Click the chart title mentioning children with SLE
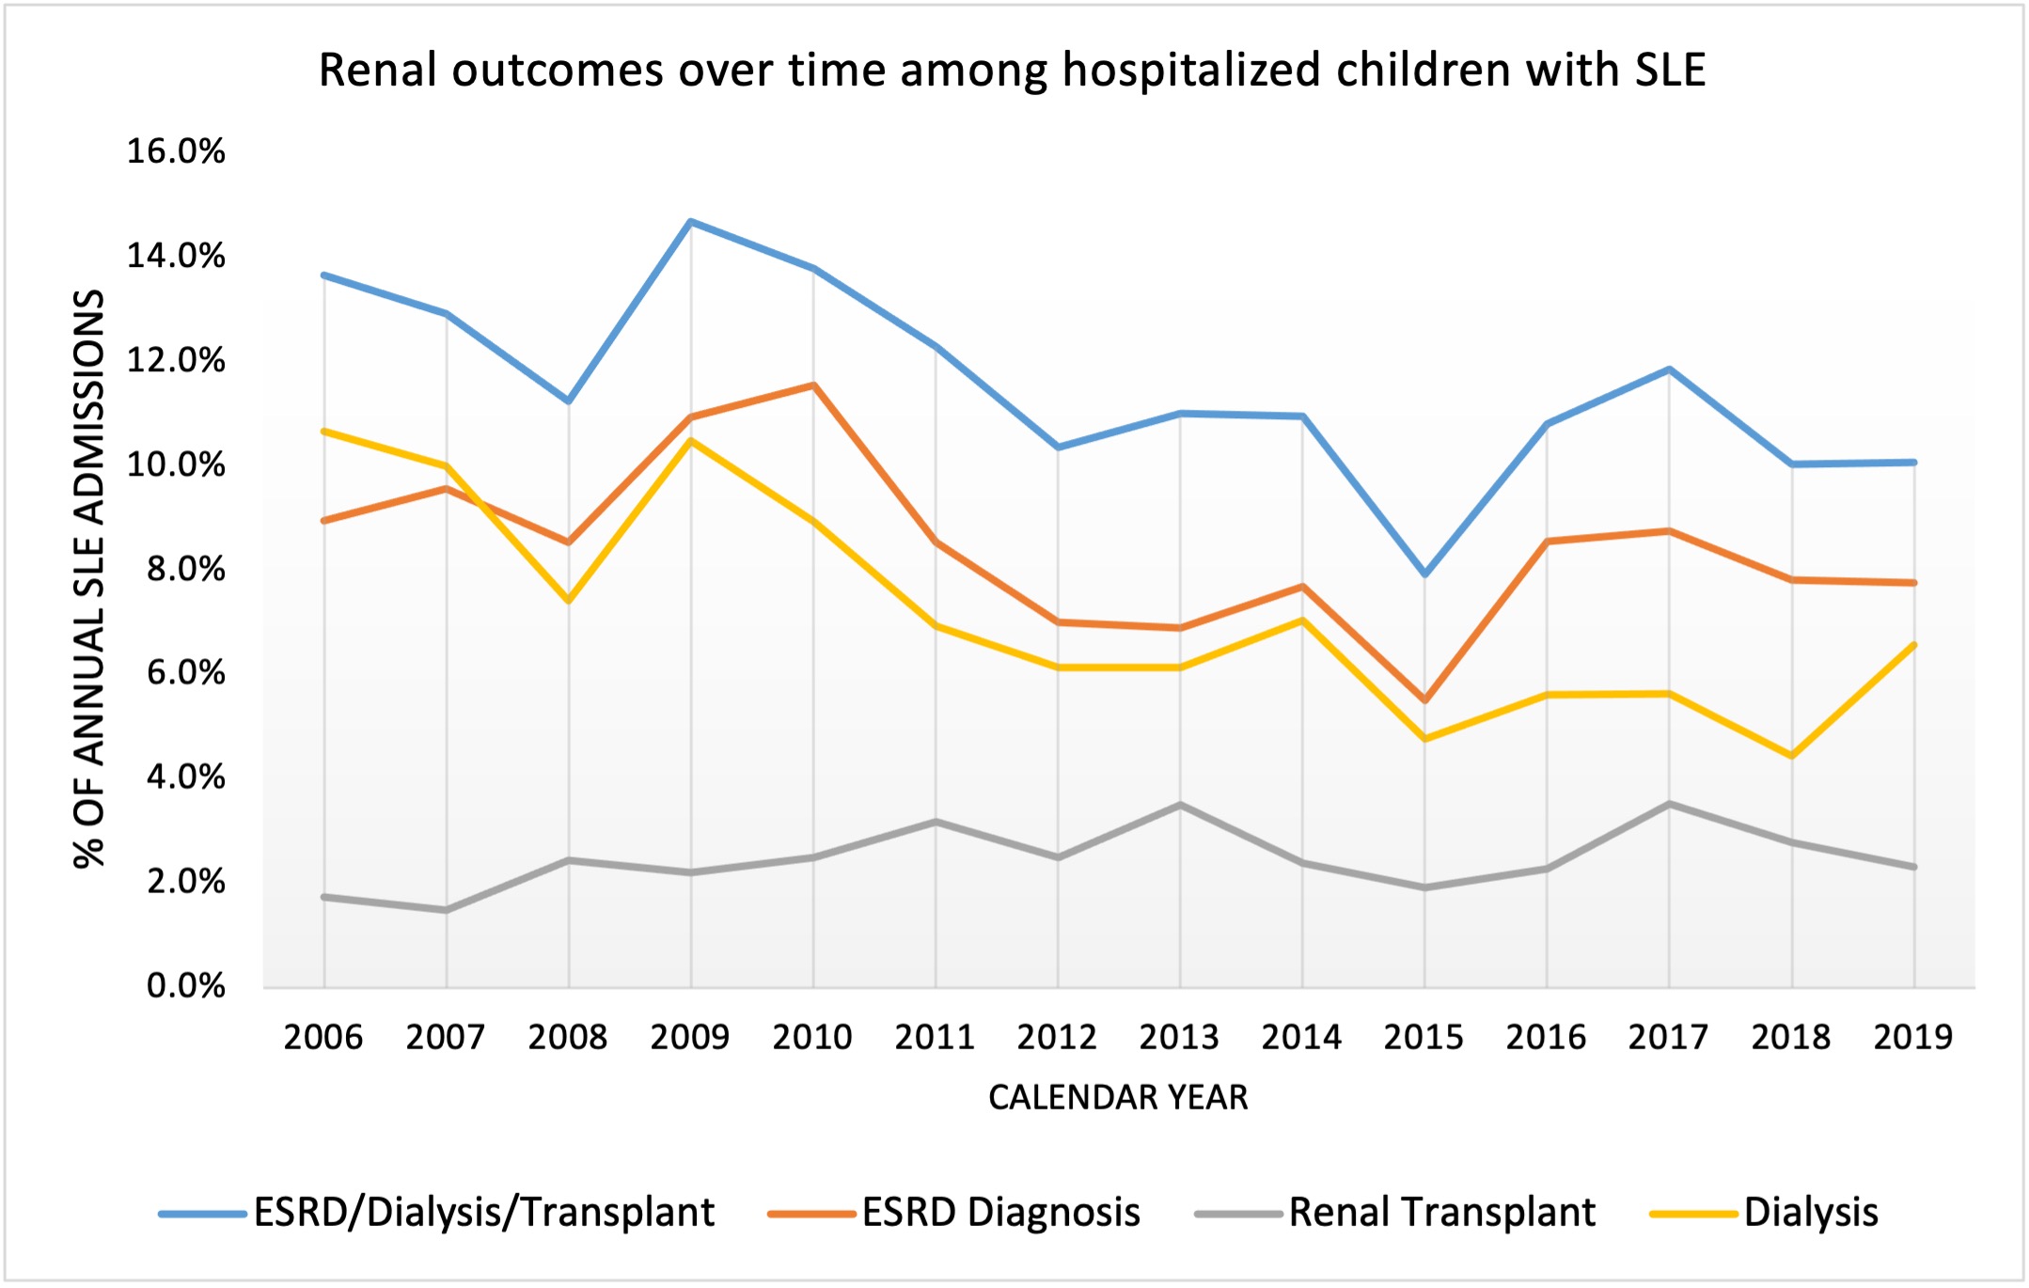(x=1012, y=71)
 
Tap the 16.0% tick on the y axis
(x=176, y=151)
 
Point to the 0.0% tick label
(x=185, y=986)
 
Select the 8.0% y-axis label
(x=185, y=569)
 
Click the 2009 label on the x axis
(x=689, y=1037)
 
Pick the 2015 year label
(x=1423, y=1037)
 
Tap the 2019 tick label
(x=1912, y=1037)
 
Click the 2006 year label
(x=322, y=1037)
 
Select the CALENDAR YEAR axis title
(x=1118, y=1097)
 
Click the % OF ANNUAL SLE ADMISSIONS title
(x=89, y=578)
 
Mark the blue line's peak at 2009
(x=690, y=222)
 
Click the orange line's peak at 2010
(x=812, y=385)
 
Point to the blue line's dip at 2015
(x=1424, y=573)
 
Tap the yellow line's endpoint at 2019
(x=1914, y=645)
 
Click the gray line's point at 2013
(x=1180, y=805)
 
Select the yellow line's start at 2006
(x=323, y=432)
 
